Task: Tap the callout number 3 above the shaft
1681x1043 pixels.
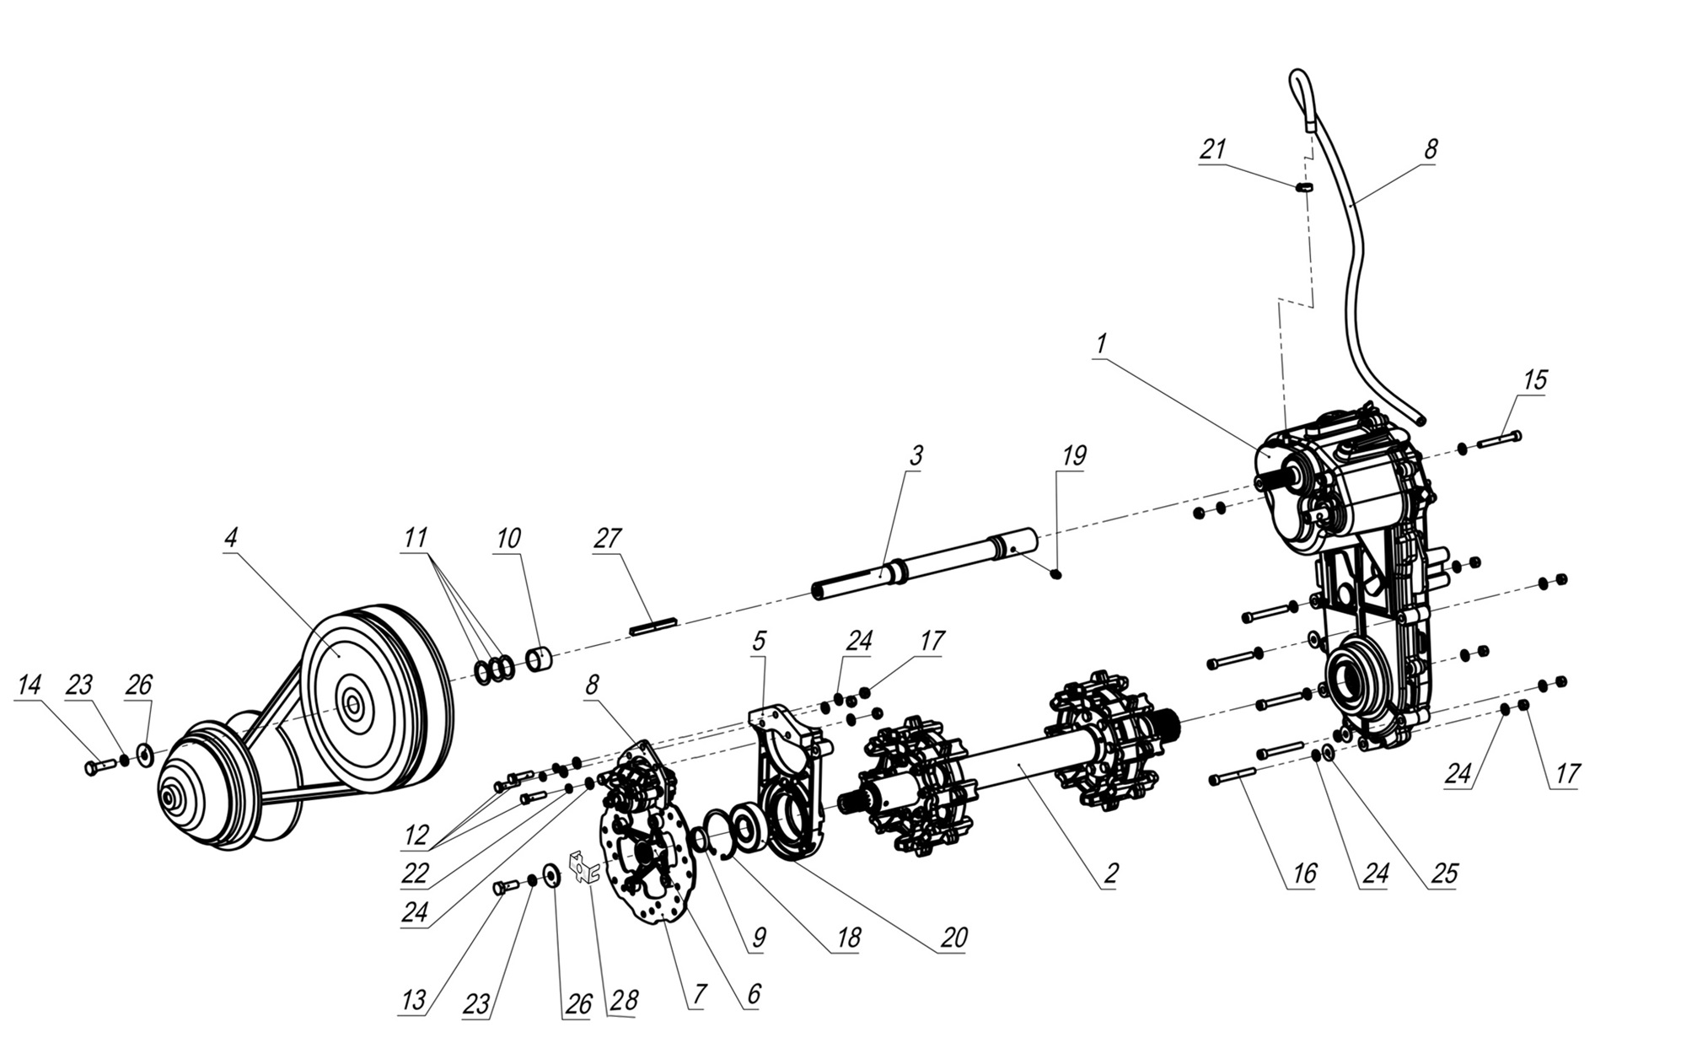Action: point(916,455)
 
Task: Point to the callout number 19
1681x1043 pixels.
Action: point(1073,455)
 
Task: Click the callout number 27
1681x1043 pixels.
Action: point(607,539)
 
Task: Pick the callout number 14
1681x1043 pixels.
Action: point(29,685)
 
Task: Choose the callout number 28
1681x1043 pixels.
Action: point(625,1001)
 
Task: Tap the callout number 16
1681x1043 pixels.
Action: point(1303,874)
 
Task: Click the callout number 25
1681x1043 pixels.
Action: point(1443,874)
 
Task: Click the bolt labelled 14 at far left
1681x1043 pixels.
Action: point(99,766)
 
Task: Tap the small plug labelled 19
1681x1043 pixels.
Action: point(1056,574)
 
